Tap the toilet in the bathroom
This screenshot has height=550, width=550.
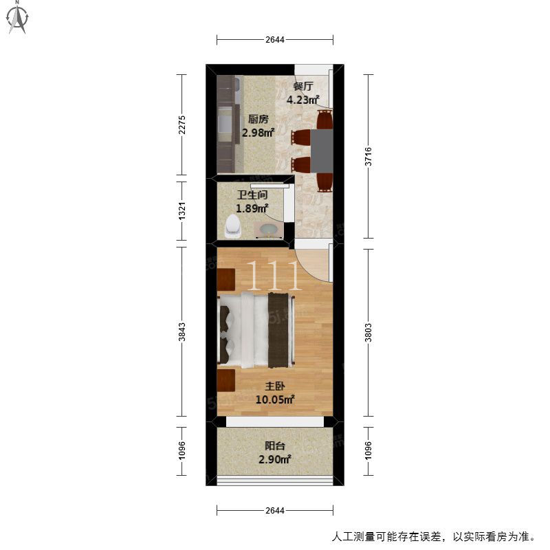233,226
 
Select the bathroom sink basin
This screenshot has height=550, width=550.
269,230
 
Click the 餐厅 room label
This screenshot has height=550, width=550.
302,87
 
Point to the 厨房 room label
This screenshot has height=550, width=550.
258,119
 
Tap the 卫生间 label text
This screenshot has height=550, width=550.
252,195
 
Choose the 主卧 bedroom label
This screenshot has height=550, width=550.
274,386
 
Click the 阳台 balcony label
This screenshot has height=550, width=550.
274,445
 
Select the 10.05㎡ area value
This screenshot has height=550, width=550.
274,399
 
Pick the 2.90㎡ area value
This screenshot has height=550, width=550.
274,459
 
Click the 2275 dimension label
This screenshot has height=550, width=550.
181,124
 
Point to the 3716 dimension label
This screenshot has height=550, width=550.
368,157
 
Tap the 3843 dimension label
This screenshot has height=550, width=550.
181,332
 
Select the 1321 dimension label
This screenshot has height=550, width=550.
181,211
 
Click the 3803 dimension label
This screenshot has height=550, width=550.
368,333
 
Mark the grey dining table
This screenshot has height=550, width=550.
322,151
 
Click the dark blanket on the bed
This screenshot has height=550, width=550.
278,331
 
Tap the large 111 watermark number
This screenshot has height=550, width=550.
274,276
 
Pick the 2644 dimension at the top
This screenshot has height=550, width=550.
274,40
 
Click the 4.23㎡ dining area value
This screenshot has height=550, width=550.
302,100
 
